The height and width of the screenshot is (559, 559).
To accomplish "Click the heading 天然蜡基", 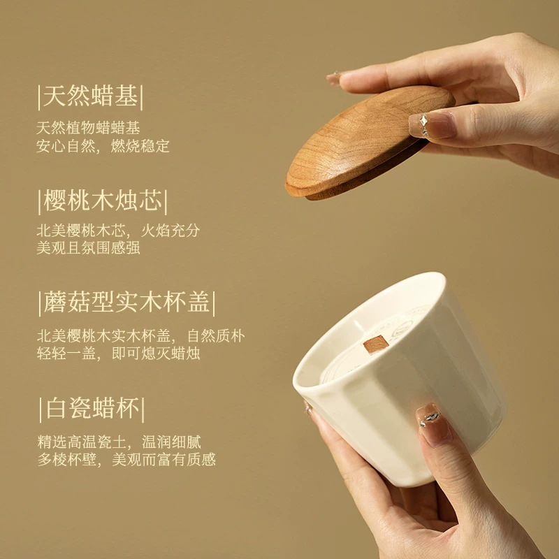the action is pyautogui.click(x=90, y=96).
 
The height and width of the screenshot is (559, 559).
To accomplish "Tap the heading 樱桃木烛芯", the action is pyautogui.click(x=103, y=201).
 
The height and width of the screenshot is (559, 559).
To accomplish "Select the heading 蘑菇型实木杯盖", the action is pyautogui.click(x=126, y=303).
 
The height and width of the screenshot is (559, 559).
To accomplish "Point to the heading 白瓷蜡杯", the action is pyautogui.click(x=93, y=409).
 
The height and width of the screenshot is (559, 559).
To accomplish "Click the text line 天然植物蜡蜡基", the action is pyautogui.click(x=88, y=128).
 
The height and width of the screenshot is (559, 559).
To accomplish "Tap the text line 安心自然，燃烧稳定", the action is pyautogui.click(x=103, y=146).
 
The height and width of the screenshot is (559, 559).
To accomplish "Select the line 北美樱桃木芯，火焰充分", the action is pyautogui.click(x=118, y=231).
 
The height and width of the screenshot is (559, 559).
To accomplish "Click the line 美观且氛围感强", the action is pyautogui.click(x=88, y=248).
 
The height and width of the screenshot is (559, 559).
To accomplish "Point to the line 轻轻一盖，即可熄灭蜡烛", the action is pyautogui.click(x=118, y=354).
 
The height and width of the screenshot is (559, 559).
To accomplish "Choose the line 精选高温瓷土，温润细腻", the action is pyautogui.click(x=119, y=442).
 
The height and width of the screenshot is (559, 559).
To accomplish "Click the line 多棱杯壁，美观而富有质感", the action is pyautogui.click(x=126, y=460).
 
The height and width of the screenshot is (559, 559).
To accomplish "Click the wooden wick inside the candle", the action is pyautogui.click(x=375, y=344).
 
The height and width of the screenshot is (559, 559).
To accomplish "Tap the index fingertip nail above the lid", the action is pyautogui.click(x=334, y=78).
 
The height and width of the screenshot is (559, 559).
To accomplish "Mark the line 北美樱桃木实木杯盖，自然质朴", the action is pyautogui.click(x=141, y=336).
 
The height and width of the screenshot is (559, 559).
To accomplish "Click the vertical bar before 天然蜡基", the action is pyautogui.click(x=39, y=97).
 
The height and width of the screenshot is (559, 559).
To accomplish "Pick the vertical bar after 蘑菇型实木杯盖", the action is pyautogui.click(x=214, y=304).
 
